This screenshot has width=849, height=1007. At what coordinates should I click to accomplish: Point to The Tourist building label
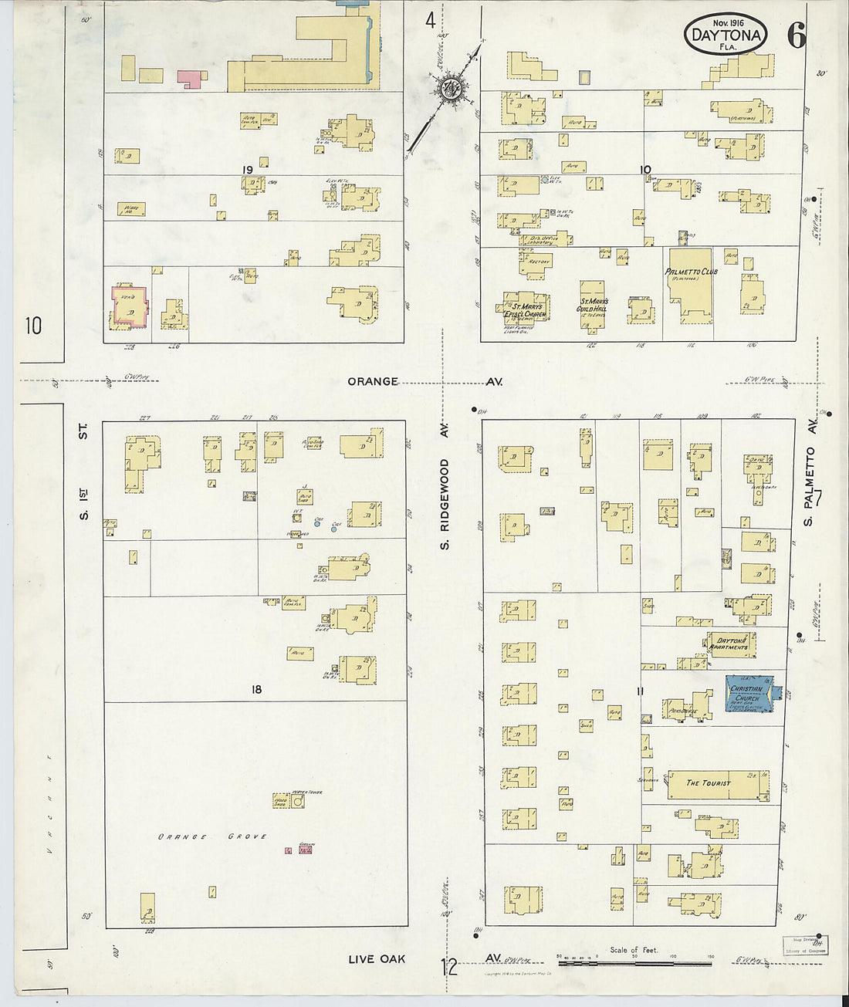pos(708,783)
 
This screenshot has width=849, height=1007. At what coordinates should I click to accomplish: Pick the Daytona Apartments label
pos(729,644)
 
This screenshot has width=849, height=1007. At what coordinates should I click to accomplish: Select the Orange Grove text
pos(212,836)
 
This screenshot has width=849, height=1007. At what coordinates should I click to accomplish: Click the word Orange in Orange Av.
pos(372,381)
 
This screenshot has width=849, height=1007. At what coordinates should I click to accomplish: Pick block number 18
pos(255,689)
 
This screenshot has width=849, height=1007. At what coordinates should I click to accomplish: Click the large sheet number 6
pos(796,36)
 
